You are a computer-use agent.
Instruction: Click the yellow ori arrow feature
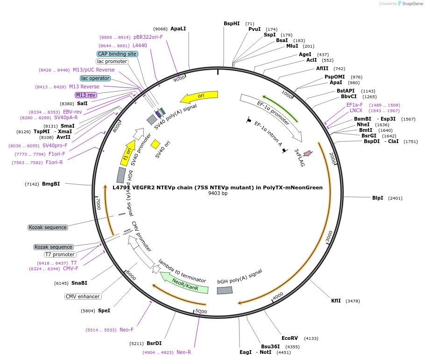(x=199, y=96)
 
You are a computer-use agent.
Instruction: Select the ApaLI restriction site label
(x=178, y=29)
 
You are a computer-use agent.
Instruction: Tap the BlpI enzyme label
(x=377, y=198)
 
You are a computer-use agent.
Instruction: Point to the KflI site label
(x=336, y=301)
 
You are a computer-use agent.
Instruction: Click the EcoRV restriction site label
(x=290, y=338)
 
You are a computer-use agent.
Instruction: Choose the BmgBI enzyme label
(x=51, y=184)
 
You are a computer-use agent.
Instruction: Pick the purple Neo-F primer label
(x=127, y=330)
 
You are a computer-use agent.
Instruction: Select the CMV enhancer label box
(x=83, y=296)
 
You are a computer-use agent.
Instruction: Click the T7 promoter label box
(x=60, y=254)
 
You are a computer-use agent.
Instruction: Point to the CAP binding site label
(x=117, y=54)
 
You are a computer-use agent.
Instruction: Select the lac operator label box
(x=95, y=78)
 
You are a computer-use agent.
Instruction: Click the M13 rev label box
(x=85, y=95)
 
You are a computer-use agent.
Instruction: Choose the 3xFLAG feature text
(x=299, y=158)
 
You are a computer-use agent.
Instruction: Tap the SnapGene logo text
(x=412, y=4)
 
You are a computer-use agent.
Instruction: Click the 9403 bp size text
(x=218, y=193)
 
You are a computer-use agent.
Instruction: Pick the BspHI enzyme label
(x=232, y=23)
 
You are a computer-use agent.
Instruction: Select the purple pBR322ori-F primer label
(x=148, y=37)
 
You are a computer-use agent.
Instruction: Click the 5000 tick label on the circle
(x=201, y=311)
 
